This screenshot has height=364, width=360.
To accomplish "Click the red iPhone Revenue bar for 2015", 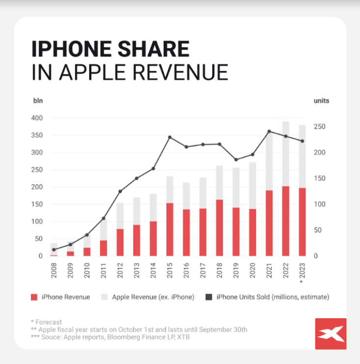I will tap(170, 229).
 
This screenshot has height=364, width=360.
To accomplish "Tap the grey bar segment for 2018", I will tap(220, 183).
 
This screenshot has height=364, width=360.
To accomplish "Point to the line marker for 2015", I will tap(170, 137).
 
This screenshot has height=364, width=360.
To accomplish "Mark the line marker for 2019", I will tap(236, 160).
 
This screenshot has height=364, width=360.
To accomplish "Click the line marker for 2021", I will tap(269, 131).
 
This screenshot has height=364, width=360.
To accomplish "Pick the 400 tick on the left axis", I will tap(37, 118).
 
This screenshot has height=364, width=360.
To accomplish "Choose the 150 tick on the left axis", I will tap(37, 204).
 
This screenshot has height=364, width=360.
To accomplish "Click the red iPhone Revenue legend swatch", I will tap(34, 297).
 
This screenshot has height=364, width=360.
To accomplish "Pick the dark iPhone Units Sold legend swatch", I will tap(208, 297).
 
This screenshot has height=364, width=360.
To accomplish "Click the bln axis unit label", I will tap(37, 101).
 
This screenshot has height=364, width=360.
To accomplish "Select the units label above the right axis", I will tap(321, 101).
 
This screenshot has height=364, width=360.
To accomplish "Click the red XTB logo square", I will tap(331, 334).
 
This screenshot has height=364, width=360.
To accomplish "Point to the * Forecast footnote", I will tap(46, 322).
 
